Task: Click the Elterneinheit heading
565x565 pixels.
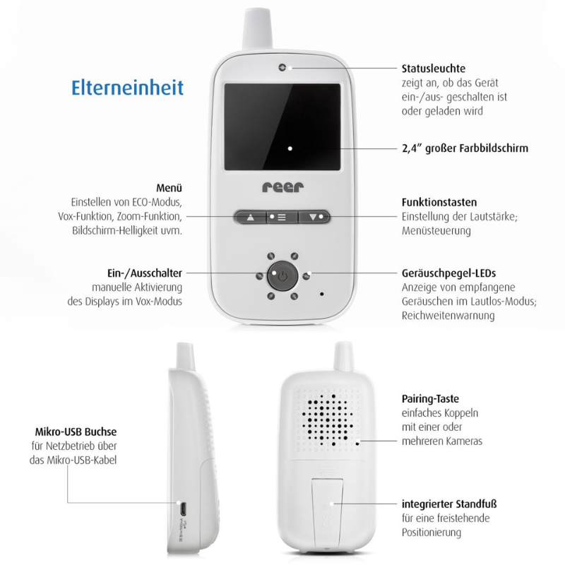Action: point(127,87)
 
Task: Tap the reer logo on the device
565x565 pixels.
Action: point(282,187)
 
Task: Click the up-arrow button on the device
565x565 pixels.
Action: point(249,216)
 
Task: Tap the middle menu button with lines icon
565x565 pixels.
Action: point(282,216)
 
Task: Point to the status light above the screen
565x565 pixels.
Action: point(282,67)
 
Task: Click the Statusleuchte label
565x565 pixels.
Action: point(433,69)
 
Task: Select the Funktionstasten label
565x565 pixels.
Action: point(439,202)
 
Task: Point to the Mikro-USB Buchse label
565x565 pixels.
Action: point(76,432)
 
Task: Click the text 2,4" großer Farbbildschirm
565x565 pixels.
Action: point(465,148)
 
